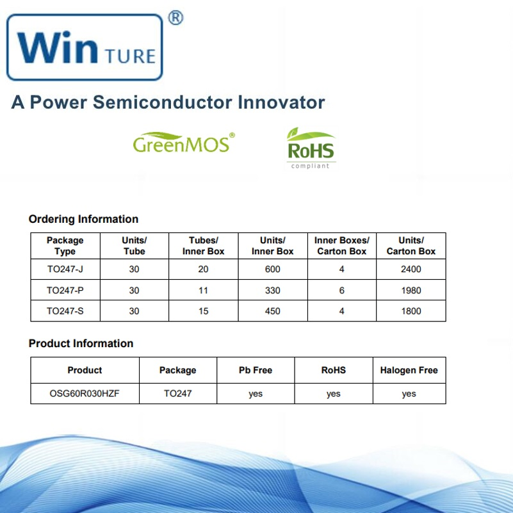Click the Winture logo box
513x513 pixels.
click(85, 47)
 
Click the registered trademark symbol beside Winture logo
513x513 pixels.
click(175, 19)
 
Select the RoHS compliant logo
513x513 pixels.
click(311, 148)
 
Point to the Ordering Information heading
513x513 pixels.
click(83, 219)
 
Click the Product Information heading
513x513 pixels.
click(81, 343)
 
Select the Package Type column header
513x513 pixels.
click(65, 246)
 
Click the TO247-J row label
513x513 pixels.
click(65, 270)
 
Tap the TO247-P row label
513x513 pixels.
click(65, 291)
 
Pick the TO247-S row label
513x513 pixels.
click(65, 311)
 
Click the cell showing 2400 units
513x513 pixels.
click(411, 270)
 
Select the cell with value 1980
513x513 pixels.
click(411, 291)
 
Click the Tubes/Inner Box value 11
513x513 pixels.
click(203, 291)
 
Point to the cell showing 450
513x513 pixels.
click(273, 311)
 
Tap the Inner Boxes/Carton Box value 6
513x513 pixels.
click(342, 291)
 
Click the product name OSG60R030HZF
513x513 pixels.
click(85, 394)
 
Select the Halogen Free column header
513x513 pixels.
click(409, 370)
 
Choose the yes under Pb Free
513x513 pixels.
click(256, 394)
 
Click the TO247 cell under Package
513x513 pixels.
click(177, 394)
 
